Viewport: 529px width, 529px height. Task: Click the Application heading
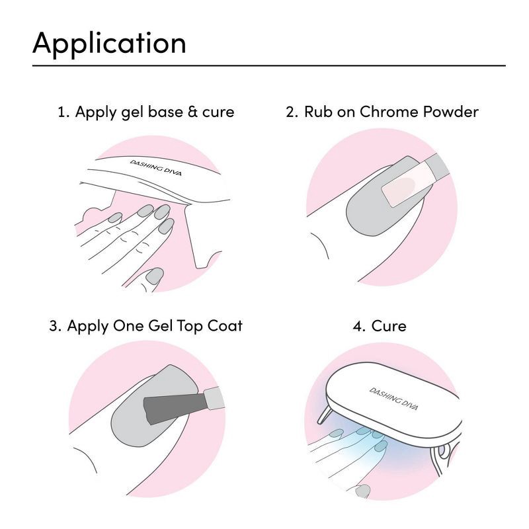(109, 43)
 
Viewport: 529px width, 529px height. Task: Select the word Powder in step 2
(450, 112)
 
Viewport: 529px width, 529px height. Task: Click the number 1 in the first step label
(61, 112)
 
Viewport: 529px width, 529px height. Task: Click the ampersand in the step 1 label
(193, 112)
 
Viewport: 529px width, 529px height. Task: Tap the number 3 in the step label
(54, 326)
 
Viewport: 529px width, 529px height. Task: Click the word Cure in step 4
(389, 326)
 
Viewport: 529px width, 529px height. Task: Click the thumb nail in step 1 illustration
(155, 275)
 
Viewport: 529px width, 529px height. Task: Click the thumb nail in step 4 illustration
(362, 491)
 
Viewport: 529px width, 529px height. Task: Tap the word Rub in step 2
(316, 112)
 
